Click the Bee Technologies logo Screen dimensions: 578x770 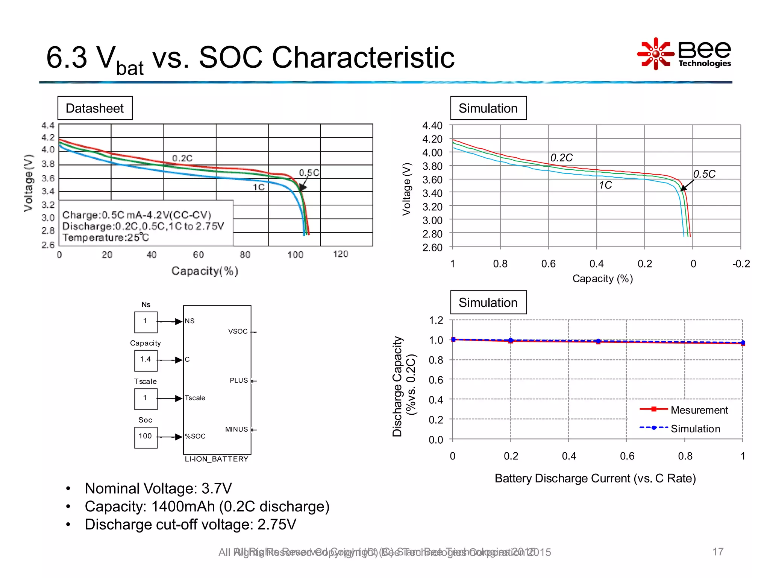pos(684,54)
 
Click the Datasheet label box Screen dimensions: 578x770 pos(95,108)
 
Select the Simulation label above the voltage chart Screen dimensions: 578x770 pos(488,108)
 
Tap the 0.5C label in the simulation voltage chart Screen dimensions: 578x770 pos(704,174)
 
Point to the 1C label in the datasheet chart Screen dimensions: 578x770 pos(259,187)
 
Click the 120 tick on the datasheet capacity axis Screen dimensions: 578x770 pos(341,254)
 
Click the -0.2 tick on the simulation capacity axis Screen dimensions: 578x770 pos(741,264)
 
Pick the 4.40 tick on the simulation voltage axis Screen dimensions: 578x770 pos(432,126)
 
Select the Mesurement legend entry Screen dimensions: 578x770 pos(699,410)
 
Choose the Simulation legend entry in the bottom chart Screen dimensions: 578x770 pos(695,429)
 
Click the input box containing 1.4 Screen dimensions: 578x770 pos(146,360)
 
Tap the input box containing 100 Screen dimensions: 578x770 pos(146,437)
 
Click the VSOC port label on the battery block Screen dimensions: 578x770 pos(238,332)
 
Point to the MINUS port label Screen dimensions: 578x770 pos(236,429)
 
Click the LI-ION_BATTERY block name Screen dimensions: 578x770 pos(217,459)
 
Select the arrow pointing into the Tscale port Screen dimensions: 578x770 pos(178,399)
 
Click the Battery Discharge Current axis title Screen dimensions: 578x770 pos(595,478)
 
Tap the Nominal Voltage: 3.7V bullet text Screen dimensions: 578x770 pos(158,488)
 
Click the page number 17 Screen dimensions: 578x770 pos(717,552)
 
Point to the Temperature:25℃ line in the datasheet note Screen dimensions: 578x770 pos(106,237)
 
